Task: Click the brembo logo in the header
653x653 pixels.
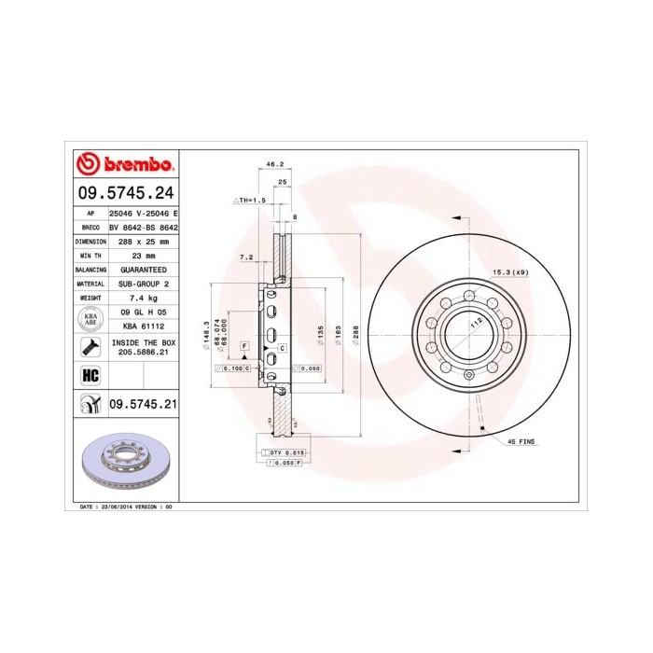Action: pos(125,165)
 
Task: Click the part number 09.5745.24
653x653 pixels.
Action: pos(124,195)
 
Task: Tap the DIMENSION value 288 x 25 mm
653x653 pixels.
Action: pos(143,241)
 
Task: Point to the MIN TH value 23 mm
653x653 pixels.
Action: pos(143,255)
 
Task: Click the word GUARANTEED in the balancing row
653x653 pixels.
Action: pos(143,269)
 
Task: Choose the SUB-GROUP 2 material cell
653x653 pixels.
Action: pos(143,283)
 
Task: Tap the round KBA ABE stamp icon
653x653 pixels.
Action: pos(90,318)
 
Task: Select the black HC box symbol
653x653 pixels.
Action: pos(90,375)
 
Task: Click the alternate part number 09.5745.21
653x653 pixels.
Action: pos(143,404)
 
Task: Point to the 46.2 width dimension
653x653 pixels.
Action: pos(274,164)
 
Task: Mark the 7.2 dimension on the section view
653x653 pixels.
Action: pos(246,256)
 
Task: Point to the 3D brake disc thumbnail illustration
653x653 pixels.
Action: pos(124,464)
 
